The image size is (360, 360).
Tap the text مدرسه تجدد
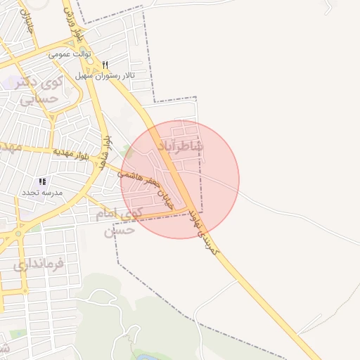[x=41, y=193]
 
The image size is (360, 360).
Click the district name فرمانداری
[x=38, y=264]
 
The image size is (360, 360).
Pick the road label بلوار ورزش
[x=74, y=19]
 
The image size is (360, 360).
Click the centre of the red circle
[x=180, y=179]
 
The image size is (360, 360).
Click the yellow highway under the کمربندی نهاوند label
[x=232, y=264]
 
